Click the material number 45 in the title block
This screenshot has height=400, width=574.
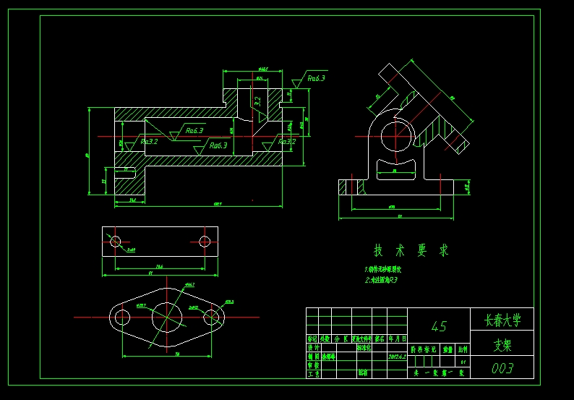pyautogui.click(x=438, y=326)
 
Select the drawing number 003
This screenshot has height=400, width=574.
pyautogui.click(x=502, y=368)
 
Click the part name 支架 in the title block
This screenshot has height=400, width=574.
pyautogui.click(x=502, y=345)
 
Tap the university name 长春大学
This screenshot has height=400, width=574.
pyautogui.click(x=502, y=320)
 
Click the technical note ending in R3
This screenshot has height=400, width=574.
pyautogui.click(x=381, y=279)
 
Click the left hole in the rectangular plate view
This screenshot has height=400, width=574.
pyautogui.click(x=113, y=240)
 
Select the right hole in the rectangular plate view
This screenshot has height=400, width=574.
pyautogui.click(x=205, y=240)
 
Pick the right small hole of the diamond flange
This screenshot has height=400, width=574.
pyautogui.click(x=211, y=317)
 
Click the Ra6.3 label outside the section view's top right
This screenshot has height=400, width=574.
pyautogui.click(x=316, y=78)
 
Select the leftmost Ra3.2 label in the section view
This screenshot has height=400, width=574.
pyautogui.click(x=149, y=142)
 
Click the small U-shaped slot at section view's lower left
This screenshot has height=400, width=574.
pyautogui.click(x=124, y=172)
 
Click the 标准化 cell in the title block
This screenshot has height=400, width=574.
pyautogui.click(x=365, y=347)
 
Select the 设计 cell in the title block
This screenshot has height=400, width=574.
pyautogui.click(x=312, y=347)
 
